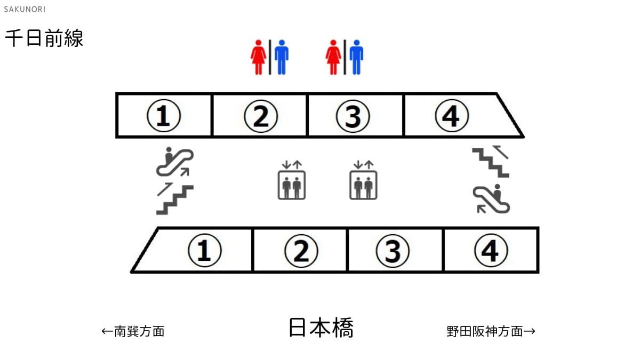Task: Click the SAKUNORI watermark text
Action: [x=25, y=10]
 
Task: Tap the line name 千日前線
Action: [x=44, y=38]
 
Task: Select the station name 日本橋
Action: [x=321, y=327]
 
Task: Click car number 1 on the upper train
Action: [x=164, y=116]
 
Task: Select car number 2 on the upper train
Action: [x=261, y=116]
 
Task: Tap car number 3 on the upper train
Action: [x=353, y=116]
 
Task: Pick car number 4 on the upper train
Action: [x=452, y=116]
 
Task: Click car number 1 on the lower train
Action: [x=205, y=250]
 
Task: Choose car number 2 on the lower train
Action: [x=301, y=251]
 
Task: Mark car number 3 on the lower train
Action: [x=393, y=251]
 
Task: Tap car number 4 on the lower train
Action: [x=491, y=250]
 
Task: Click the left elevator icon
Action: [x=292, y=180]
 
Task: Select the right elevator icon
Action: [x=363, y=180]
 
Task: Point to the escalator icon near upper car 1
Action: [x=175, y=162]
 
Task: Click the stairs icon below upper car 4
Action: [x=491, y=162]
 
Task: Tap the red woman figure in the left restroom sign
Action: [x=259, y=57]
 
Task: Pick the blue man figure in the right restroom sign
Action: [x=356, y=57]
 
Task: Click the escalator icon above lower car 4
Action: [x=491, y=199]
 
